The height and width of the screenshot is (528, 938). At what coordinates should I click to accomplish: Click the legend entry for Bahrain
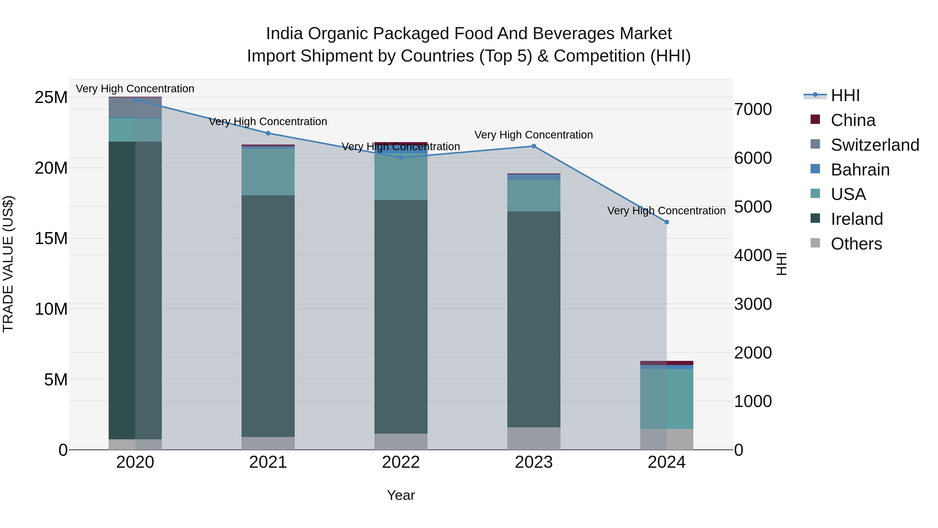coord(860,170)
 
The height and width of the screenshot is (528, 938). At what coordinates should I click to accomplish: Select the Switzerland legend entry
coord(875,145)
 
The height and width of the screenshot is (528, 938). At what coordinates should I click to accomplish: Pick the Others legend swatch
coord(815,243)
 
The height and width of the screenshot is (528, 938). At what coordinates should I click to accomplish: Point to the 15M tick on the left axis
coord(51,239)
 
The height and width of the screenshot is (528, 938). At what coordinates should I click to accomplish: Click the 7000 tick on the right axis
coord(753,109)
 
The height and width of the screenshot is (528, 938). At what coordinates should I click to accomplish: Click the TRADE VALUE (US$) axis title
coord(8,264)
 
